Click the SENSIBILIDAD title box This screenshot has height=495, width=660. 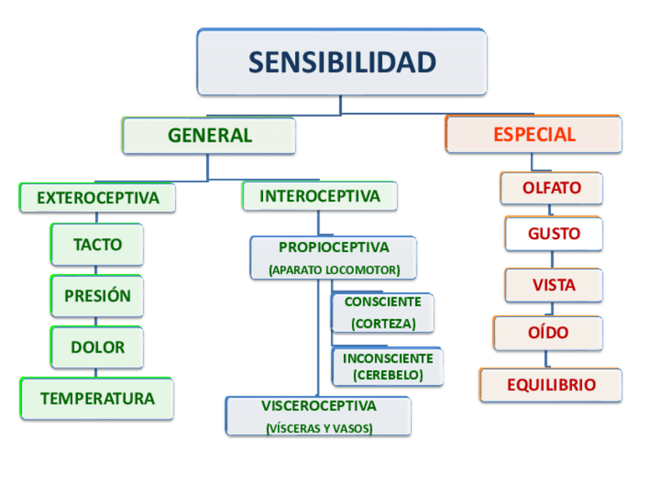coord(342,62)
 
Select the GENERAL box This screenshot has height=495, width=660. coord(209,135)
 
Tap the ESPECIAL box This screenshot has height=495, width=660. coord(534,135)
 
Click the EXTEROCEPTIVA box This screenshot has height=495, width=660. coord(97,198)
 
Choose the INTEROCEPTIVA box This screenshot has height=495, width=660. coord(320,196)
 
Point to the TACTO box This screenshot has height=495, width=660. coord(97,244)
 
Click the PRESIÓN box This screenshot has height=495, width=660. coord(97,296)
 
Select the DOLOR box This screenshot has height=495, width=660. coord(97,347)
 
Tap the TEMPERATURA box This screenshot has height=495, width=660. coord(97,398)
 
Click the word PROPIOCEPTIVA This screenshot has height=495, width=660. coord(333,247)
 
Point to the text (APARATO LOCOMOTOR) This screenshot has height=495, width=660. coord(333,270)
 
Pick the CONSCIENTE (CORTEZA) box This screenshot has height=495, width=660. coord(383,312)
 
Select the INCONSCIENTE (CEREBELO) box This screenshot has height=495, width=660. coord(388,367)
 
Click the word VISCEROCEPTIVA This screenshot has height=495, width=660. coord(318,405)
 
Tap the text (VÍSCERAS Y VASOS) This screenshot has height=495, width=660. coord(318,428)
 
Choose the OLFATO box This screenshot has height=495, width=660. coord(551,188)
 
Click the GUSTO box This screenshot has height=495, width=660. coord(553,233)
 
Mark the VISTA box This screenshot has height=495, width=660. coord(553,285)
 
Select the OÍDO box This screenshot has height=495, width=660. coord(548,333)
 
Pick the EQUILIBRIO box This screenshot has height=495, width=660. coord(551,385)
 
